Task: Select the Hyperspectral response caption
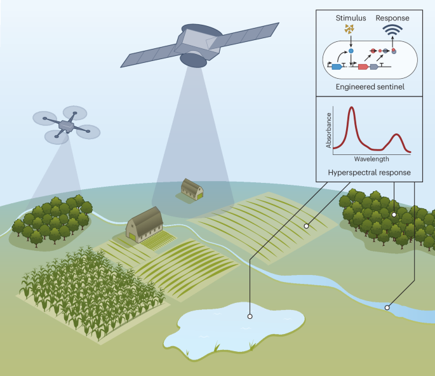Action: pyautogui.click(x=368, y=172)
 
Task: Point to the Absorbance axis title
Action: pyautogui.click(x=329, y=131)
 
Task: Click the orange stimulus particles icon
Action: pyautogui.click(x=348, y=29)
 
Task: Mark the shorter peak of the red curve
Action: pyautogui.click(x=397, y=135)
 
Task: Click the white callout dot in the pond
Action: pyautogui.click(x=250, y=316)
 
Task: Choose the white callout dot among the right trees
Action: pyautogui.click(x=394, y=214)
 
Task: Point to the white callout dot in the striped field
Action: pyautogui.click(x=306, y=225)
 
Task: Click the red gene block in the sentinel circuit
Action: pyautogui.click(x=363, y=66)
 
